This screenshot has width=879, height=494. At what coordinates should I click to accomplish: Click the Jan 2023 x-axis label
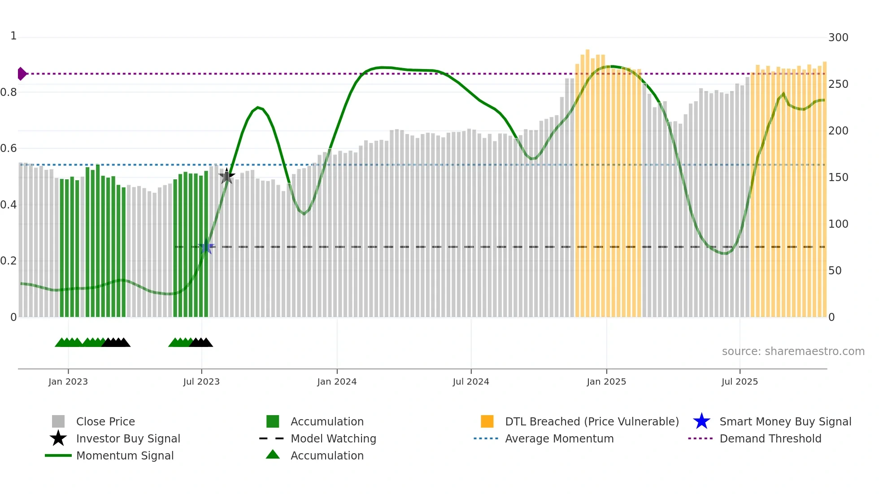tap(68, 382)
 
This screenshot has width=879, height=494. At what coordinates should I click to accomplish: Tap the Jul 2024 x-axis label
tap(471, 382)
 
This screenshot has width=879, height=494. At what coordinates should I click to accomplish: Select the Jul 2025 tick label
tap(740, 382)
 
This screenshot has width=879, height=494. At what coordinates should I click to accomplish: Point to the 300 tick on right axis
tap(838, 38)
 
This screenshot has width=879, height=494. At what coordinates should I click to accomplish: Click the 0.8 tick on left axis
tap(9, 92)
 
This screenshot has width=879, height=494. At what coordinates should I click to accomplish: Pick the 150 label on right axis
tap(838, 178)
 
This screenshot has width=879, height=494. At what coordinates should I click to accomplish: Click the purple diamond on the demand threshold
tap(22, 74)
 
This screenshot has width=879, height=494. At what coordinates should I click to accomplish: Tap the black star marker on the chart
tap(226, 176)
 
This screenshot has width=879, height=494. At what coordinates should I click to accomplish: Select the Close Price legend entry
tap(105, 422)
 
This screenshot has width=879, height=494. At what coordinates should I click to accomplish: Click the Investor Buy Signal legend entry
tap(128, 439)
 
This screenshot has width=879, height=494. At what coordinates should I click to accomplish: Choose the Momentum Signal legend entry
tap(125, 456)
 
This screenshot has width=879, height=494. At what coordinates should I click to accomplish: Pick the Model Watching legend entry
tap(333, 439)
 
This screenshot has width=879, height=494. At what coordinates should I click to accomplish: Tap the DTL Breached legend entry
tap(592, 422)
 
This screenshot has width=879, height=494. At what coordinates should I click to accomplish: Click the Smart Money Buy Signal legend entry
tap(785, 422)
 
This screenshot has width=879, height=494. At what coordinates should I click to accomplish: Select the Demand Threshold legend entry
tap(770, 439)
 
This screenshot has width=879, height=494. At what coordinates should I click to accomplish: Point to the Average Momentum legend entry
tap(559, 439)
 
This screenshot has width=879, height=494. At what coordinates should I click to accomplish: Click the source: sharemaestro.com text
tap(793, 351)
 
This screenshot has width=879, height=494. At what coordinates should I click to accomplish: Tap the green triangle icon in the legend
tap(273, 455)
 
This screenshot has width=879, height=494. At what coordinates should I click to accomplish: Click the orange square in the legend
tap(487, 421)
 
